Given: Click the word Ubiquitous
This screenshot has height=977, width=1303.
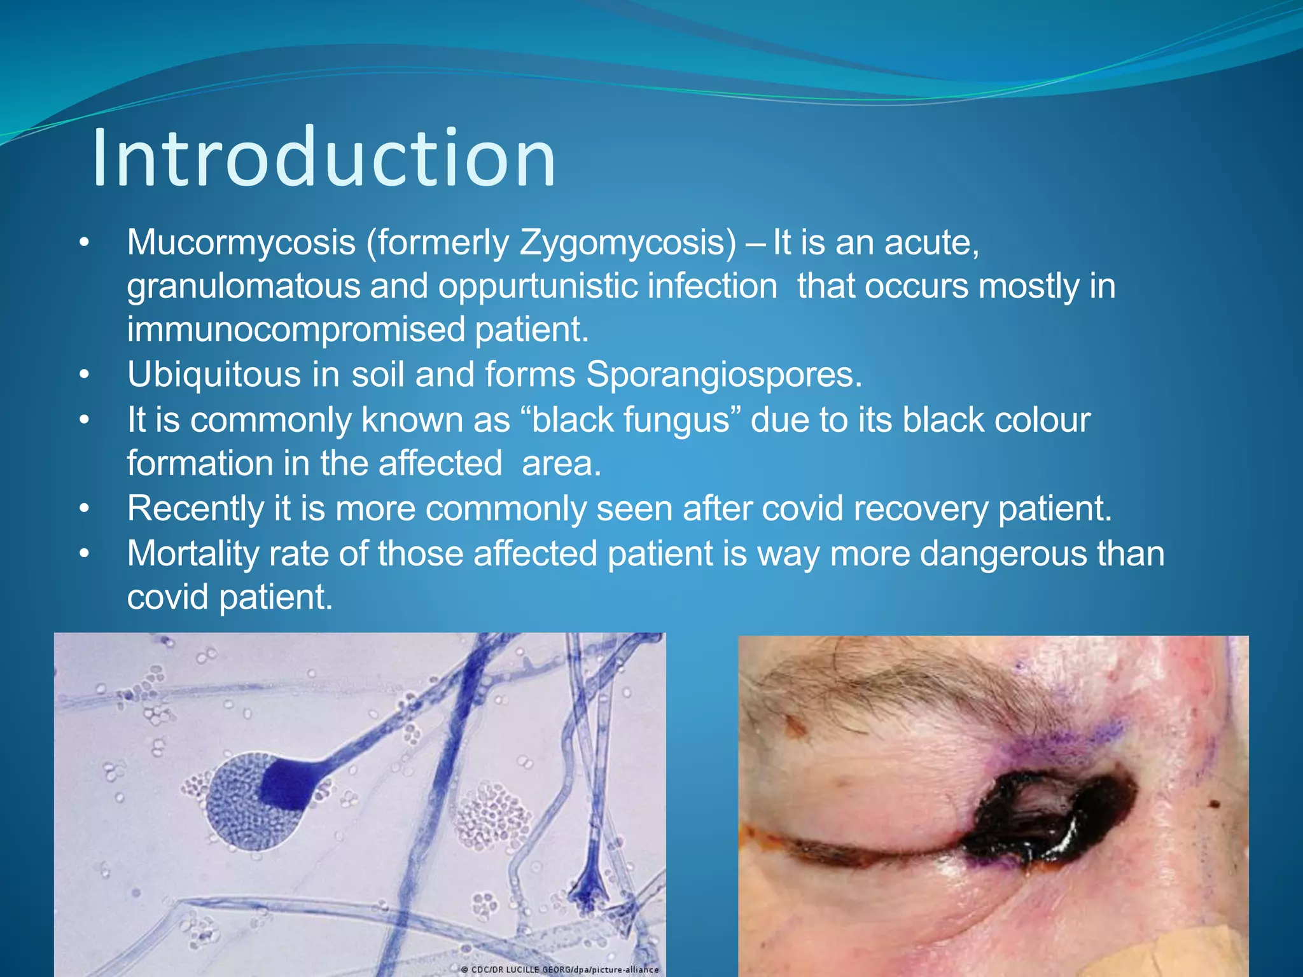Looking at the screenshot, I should (214, 375).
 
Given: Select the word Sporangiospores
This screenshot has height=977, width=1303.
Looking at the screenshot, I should (723, 375).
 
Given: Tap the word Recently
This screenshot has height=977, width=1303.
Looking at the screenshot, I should (195, 509).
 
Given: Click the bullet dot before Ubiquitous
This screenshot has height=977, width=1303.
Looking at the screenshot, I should (85, 375).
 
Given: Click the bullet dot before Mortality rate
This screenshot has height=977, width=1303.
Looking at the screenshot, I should (85, 554).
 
